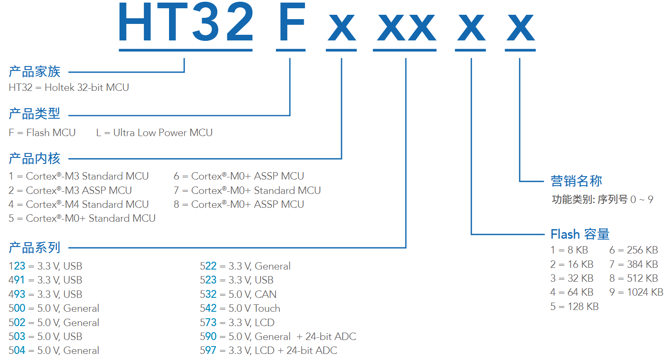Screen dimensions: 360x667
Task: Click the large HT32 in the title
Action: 186,23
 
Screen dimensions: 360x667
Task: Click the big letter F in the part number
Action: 291,23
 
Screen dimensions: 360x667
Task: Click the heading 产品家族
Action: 35,71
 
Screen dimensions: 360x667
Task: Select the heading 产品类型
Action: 35,114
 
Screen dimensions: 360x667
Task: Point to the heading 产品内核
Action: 35,159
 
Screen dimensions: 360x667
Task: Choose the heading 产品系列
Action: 35,248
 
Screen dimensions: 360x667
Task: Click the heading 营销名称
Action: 576,181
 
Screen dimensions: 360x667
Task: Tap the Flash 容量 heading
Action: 580,234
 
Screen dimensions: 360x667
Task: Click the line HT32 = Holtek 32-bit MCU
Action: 69,87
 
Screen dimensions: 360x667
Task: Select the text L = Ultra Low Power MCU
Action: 154,133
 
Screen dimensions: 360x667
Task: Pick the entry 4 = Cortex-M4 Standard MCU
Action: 79,204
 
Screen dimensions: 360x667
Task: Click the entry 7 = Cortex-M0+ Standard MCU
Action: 247,190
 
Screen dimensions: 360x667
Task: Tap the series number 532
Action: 208,294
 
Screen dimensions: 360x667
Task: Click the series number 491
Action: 17,280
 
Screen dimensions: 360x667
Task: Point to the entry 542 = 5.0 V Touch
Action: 240,308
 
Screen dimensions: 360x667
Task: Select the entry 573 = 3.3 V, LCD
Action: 237,323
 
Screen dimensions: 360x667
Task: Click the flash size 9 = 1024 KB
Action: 636,292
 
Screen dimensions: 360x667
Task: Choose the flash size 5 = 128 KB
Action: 574,307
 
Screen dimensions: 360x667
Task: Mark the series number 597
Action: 208,350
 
